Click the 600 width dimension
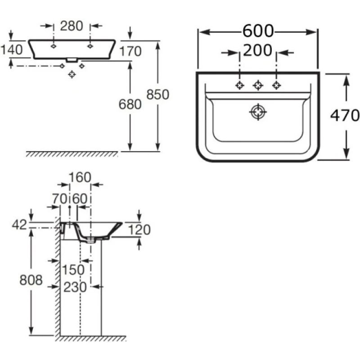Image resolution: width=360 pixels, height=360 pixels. click(258, 31)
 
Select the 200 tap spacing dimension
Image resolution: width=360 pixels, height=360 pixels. click(257, 51)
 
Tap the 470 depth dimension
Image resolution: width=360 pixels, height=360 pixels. click(345, 116)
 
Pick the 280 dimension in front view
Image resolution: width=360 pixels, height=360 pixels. click(72, 26)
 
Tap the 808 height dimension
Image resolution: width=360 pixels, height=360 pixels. click(31, 280)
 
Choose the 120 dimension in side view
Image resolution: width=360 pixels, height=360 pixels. click(139, 230)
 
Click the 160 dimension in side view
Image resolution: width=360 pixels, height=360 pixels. click(80, 177)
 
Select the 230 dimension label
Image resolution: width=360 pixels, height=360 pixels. click(75, 287)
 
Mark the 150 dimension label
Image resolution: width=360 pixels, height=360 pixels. click(73, 270)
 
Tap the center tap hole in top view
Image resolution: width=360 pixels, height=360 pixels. click(258, 85)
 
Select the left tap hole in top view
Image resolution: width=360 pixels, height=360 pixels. click(239, 85)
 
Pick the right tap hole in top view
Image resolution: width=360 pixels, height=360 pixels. click(276, 85)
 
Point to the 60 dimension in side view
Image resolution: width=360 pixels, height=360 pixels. click(80, 198)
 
